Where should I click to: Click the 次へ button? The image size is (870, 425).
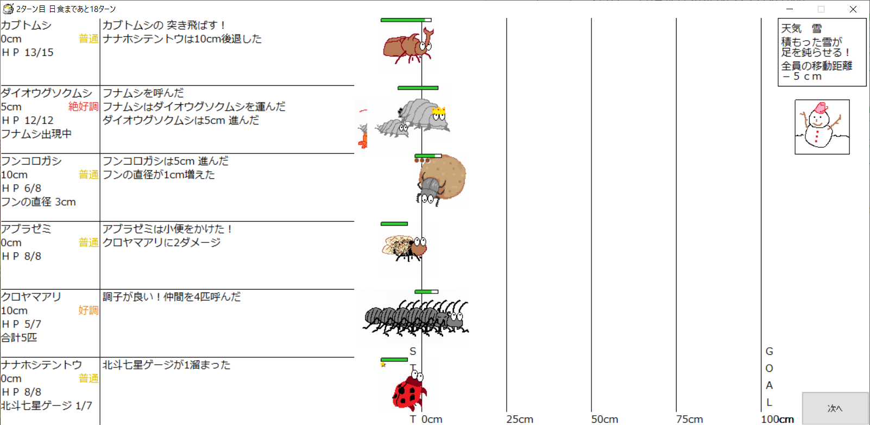835,408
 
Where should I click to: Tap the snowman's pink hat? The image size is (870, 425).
820,108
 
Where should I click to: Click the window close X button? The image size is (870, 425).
853,9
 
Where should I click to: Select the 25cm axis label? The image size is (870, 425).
520,419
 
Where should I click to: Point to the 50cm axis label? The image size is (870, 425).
605,419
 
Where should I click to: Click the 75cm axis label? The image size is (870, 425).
689,419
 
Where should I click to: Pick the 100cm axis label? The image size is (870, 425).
777,419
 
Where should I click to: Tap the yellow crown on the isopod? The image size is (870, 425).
438,111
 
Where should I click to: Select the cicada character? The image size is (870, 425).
405,248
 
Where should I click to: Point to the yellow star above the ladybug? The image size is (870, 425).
383,364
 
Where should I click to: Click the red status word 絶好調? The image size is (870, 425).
83,107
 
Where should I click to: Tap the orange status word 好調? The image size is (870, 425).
89,310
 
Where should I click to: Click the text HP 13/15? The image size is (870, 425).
27,53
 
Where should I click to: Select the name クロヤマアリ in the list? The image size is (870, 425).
31,297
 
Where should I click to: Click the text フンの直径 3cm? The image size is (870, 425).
38,202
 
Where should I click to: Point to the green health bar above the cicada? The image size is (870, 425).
394,224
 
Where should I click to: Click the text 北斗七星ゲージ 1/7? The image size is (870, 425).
47,405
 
